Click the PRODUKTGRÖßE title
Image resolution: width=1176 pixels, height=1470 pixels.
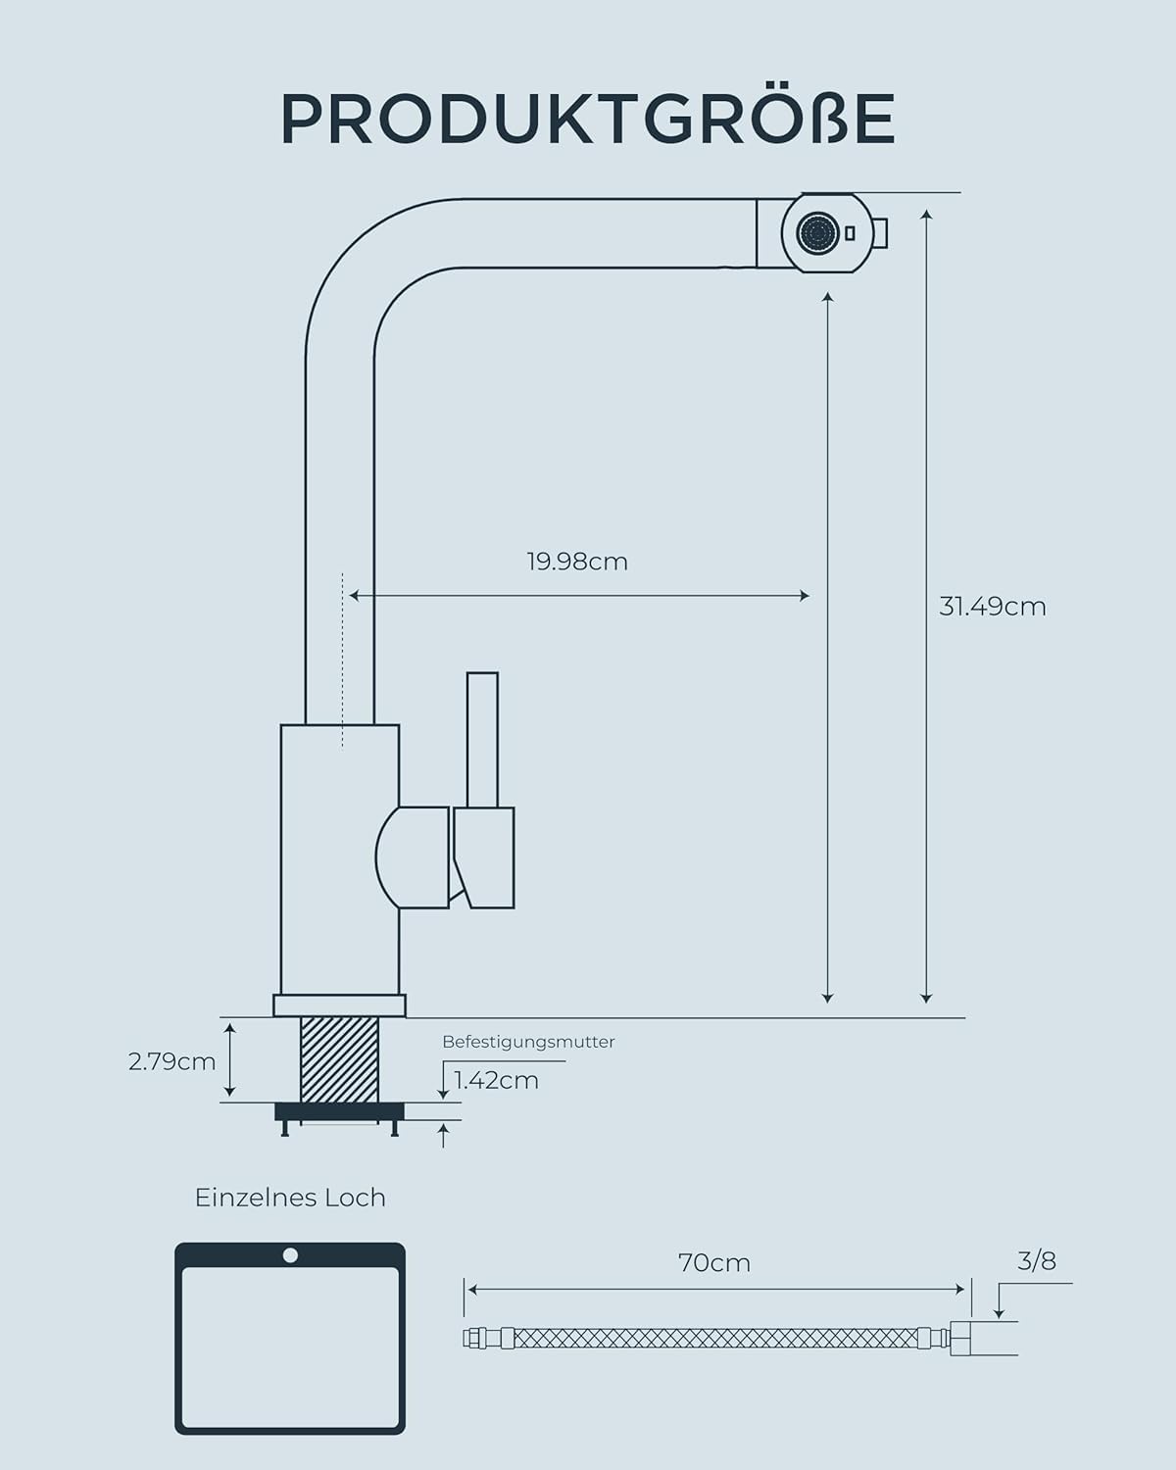(588, 120)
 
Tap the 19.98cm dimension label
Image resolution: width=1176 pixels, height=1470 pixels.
(576, 562)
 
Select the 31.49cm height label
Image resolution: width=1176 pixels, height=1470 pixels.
(992, 607)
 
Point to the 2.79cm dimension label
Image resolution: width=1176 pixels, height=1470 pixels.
(171, 1061)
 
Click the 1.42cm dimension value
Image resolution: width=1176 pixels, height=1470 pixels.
(496, 1080)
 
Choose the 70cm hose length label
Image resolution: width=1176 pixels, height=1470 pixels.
(714, 1263)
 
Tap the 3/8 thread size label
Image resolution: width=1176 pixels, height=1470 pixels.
(1037, 1260)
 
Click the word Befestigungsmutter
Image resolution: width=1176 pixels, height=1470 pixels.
(528, 1042)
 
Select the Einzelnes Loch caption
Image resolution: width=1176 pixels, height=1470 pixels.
(290, 1198)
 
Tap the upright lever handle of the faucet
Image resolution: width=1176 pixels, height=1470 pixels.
(482, 740)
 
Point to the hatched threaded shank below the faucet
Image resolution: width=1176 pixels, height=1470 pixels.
(339, 1058)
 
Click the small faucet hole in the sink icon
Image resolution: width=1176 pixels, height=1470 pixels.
(290, 1255)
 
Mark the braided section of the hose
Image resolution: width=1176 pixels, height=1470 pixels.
(715, 1338)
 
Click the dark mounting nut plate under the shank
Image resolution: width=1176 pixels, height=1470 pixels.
(339, 1110)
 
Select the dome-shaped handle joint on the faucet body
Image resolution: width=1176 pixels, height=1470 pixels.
(412, 857)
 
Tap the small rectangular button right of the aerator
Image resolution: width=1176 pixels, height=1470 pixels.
(850, 233)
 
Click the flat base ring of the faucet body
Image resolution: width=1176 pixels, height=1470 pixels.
(339, 1005)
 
